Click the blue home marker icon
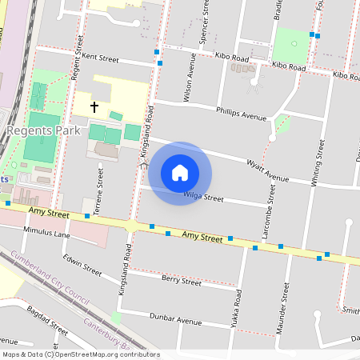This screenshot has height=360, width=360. pyautogui.click(x=180, y=173)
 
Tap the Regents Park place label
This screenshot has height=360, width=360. pyautogui.click(x=39, y=130)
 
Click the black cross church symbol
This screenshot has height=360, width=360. pyautogui.click(x=94, y=106)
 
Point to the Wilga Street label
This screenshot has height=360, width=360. pyautogui.click(x=203, y=197)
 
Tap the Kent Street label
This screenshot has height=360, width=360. pyautogui.click(x=100, y=58)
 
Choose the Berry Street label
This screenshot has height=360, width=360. pyautogui.click(x=181, y=281)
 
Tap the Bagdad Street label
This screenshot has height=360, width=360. pyautogui.click(x=46, y=319)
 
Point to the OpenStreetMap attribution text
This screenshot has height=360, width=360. pyautogui.click(x=81, y=354)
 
